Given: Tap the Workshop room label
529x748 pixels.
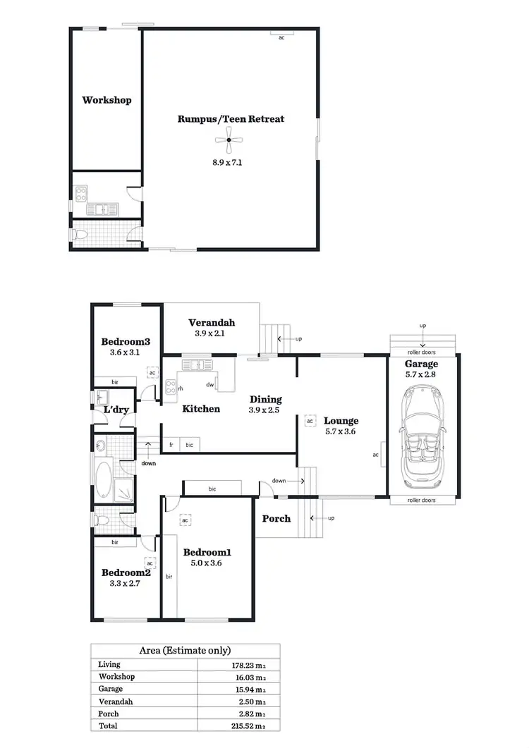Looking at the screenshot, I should (x=107, y=100).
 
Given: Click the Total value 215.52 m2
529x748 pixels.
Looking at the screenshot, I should (x=250, y=725).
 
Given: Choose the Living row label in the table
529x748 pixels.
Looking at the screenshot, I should (x=109, y=664).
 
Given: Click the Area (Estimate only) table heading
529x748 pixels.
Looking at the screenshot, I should (x=186, y=650).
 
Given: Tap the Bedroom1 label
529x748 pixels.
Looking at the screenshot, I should (x=207, y=552).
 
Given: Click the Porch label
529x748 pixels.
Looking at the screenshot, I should (x=276, y=519).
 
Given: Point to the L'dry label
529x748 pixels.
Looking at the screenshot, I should (x=115, y=410).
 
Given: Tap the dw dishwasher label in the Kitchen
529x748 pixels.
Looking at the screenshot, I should (x=210, y=385).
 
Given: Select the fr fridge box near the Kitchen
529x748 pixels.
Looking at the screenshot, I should (x=171, y=445).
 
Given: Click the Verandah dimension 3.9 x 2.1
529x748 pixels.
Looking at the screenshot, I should (x=210, y=333).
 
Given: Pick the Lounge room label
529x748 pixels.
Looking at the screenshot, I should (x=341, y=421).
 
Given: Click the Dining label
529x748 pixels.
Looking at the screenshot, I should (x=265, y=399).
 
